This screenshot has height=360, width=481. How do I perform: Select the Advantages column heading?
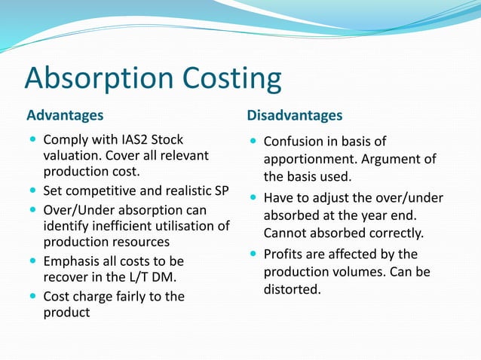coord(65,116)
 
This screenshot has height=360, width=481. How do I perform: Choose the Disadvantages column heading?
coord(294,116)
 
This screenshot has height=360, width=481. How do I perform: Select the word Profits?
coord(283,255)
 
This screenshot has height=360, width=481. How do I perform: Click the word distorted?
coord(293,289)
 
